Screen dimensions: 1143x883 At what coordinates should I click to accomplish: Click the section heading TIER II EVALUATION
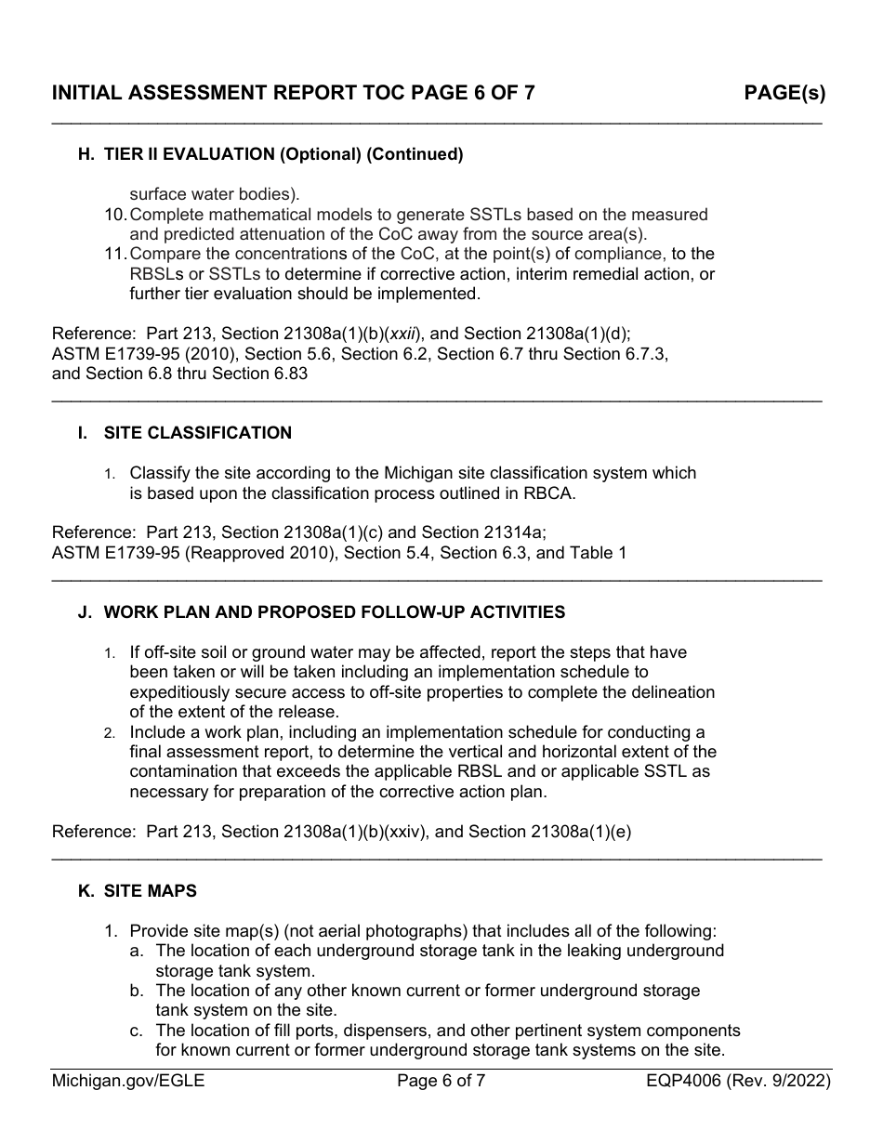point(283,154)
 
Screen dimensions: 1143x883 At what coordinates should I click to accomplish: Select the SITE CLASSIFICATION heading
point(197,433)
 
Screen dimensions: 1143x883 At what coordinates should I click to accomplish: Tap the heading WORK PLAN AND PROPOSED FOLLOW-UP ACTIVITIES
point(334,612)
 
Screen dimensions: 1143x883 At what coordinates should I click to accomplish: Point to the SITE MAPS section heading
point(150,891)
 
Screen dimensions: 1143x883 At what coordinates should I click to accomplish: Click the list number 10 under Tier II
point(114,215)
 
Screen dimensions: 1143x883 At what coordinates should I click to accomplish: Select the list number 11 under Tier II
point(114,254)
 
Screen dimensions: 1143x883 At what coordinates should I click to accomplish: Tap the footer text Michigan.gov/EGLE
point(128,1081)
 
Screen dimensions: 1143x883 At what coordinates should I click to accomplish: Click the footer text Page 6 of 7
point(441,1081)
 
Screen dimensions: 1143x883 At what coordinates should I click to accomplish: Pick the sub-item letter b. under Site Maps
point(137,991)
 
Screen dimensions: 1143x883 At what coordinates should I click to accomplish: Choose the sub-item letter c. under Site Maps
point(137,1031)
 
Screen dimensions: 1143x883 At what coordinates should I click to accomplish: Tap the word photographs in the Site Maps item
point(382,930)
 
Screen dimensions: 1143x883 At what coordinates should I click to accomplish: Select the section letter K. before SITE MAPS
point(86,891)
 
